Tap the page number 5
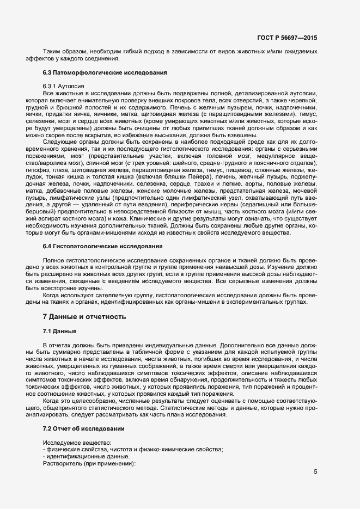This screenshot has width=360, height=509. click(x=315, y=471)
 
